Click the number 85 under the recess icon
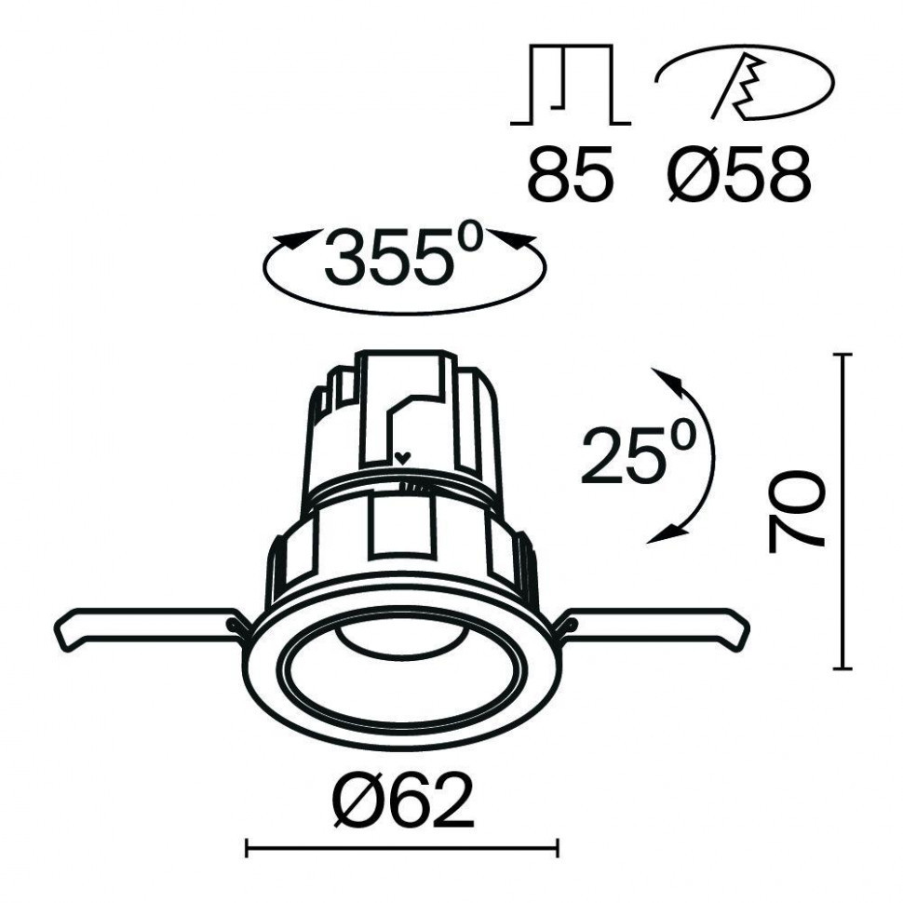(x=571, y=176)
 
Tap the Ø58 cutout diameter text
(x=738, y=176)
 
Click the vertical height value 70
(x=796, y=512)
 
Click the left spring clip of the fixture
(x=144, y=628)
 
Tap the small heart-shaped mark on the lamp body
(x=402, y=458)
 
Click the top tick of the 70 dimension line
(x=842, y=355)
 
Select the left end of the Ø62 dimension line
(x=246, y=847)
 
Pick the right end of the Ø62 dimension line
(x=557, y=847)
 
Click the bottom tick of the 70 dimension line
(x=842, y=667)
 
